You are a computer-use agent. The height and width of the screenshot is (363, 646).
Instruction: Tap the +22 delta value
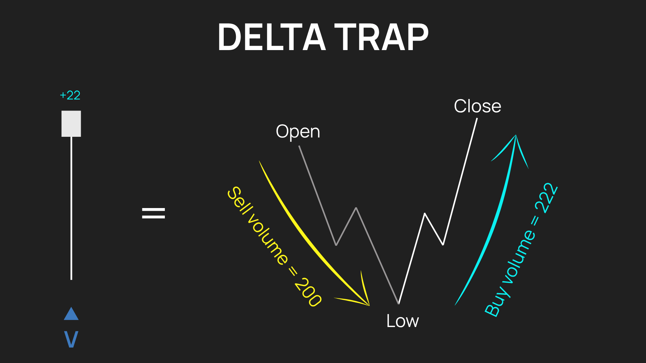[70, 95]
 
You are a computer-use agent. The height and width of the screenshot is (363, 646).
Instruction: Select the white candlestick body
[71, 124]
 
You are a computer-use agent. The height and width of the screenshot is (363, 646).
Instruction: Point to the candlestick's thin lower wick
[71, 208]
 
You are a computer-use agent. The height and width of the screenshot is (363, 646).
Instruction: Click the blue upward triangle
[71, 314]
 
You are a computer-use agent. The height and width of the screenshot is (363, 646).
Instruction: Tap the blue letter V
[71, 339]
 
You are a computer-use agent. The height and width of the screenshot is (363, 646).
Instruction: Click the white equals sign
[153, 213]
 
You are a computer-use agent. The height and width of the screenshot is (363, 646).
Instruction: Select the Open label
[298, 132]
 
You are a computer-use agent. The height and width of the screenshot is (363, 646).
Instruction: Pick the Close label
[477, 106]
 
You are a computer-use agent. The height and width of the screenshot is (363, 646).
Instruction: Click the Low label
[402, 321]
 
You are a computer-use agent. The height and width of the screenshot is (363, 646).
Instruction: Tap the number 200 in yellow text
[308, 292]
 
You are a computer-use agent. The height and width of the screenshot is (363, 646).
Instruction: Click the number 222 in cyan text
[546, 198]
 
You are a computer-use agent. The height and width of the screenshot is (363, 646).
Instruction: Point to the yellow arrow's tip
[369, 306]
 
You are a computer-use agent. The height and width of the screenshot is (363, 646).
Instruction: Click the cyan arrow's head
[516, 135]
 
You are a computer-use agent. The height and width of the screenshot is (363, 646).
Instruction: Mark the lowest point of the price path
[399, 304]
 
